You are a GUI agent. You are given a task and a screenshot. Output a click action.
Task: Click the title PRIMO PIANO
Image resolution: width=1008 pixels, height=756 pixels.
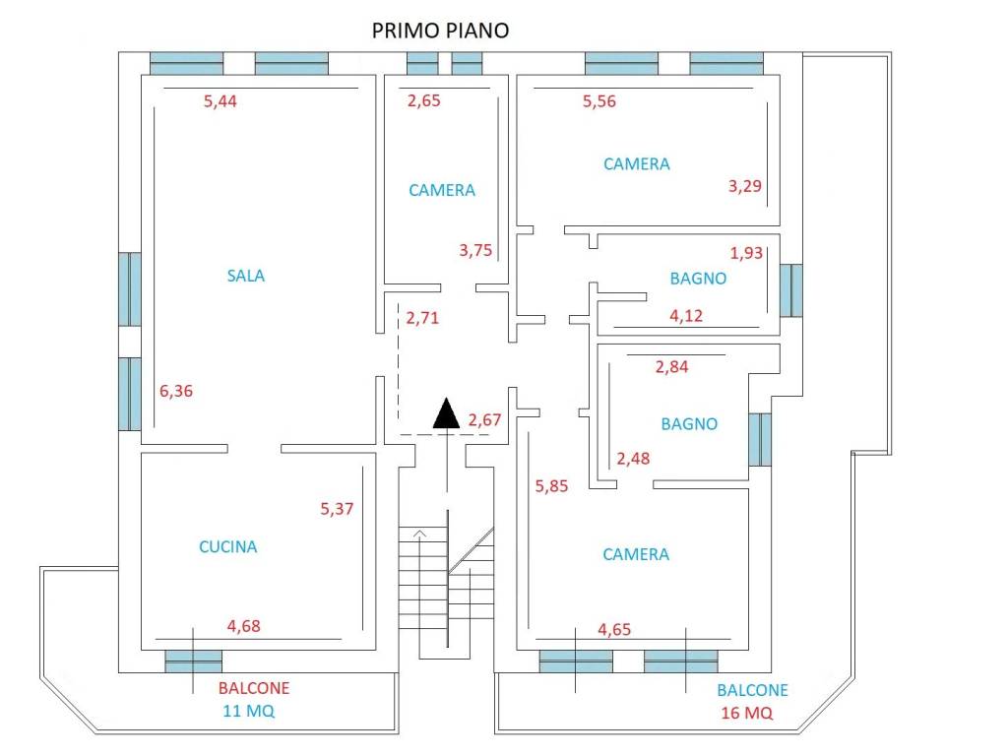440,31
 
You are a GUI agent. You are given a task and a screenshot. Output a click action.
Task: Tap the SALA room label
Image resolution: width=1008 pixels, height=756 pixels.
245,276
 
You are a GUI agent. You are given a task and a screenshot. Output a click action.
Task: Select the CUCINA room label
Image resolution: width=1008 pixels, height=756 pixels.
227,546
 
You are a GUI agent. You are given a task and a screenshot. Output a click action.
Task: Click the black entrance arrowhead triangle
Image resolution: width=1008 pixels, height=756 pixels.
446,412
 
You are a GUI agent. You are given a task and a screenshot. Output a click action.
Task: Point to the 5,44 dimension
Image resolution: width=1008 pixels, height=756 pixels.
220,101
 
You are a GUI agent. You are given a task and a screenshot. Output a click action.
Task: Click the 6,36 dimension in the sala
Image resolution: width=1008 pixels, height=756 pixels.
176,391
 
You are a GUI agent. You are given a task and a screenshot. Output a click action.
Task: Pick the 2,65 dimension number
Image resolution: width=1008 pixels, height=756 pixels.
423,100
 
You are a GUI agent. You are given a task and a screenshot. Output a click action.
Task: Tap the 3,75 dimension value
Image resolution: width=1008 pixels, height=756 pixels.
475,250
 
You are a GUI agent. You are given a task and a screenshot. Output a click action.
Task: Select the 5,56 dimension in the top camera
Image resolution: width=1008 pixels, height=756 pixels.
599,101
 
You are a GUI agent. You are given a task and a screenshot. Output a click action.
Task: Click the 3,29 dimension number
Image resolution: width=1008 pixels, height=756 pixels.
744,186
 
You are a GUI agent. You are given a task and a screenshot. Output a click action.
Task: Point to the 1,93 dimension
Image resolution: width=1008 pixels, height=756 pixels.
746,253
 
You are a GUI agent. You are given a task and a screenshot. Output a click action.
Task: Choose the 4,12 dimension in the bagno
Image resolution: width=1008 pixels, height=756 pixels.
686,316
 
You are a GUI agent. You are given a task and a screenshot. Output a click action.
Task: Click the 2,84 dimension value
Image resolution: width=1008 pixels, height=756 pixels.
671,367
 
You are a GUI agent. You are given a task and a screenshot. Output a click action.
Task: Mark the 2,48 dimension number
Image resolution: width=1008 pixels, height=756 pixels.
633,459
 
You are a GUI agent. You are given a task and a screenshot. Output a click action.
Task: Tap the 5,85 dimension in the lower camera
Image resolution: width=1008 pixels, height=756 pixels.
551,486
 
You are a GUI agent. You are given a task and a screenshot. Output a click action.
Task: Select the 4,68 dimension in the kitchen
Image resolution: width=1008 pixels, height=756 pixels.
244,625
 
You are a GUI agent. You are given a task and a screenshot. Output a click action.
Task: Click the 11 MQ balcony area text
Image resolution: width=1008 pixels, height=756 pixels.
249,711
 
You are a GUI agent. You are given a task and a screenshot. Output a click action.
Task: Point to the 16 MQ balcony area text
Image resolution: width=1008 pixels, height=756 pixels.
747,713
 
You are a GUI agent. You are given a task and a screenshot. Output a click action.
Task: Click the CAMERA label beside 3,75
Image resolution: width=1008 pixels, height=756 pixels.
442,190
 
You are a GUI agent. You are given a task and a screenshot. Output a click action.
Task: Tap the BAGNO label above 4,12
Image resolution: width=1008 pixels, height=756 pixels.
698,279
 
